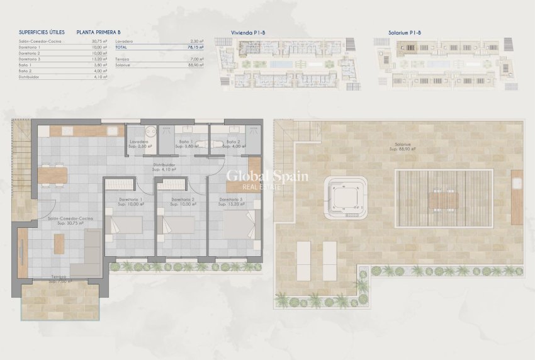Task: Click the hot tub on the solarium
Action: (x=346, y=197)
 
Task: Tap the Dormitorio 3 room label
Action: (x=232, y=202)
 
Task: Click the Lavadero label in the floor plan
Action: (x=140, y=144)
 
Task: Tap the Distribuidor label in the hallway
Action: (x=164, y=167)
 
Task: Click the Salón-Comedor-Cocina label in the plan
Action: (x=70, y=220)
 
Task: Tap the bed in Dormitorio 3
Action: (x=240, y=224)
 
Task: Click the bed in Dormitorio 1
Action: (x=126, y=225)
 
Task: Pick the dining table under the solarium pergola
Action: (x=444, y=200)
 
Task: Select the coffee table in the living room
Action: (x=59, y=244)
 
